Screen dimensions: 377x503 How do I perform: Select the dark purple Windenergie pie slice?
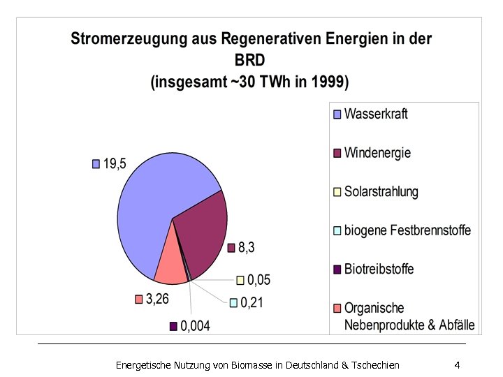tap(203, 234)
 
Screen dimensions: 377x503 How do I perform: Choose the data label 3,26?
tap(156, 299)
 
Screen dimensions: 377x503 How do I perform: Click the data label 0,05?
tap(258, 280)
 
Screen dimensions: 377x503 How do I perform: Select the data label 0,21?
tap(252, 302)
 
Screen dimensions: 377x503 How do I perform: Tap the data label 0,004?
tap(195, 326)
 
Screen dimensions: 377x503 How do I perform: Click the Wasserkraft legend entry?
tap(375, 113)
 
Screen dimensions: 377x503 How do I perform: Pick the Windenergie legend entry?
tap(377, 152)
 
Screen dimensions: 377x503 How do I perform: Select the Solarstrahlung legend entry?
tap(381, 191)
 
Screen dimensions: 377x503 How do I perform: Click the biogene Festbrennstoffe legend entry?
tap(407, 230)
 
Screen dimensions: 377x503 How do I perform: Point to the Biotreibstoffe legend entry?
tap(379, 269)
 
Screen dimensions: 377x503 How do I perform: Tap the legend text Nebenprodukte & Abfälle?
tap(409, 325)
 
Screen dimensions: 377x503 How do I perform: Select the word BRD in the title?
tap(251, 61)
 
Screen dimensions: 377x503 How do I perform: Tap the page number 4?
tap(456, 365)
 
